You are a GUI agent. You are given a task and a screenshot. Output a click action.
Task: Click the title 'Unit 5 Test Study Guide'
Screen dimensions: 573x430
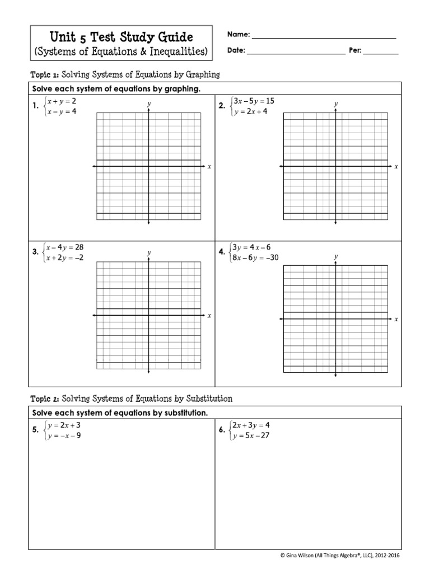point(121,37)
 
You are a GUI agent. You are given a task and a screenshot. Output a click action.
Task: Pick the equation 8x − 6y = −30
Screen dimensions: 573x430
point(255,257)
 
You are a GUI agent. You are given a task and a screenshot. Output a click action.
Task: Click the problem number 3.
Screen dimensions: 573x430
point(35,252)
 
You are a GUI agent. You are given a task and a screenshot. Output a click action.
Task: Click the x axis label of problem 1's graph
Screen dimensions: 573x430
point(209,167)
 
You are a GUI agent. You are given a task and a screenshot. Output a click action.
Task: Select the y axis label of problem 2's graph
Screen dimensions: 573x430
point(336,104)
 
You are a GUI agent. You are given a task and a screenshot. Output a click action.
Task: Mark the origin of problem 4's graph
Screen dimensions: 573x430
point(335,319)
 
